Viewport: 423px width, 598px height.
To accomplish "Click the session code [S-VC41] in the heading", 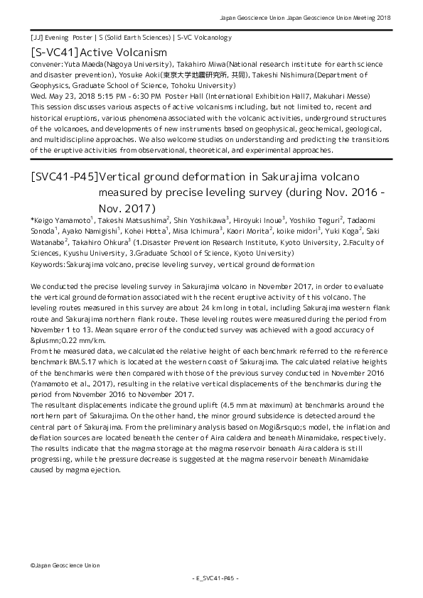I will click(x=54, y=53).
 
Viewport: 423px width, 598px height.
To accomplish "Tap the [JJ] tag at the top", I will click(x=36, y=37).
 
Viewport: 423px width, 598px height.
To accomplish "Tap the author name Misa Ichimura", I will click(x=198, y=232).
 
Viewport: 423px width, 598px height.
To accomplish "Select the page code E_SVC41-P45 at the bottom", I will click(x=211, y=579).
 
